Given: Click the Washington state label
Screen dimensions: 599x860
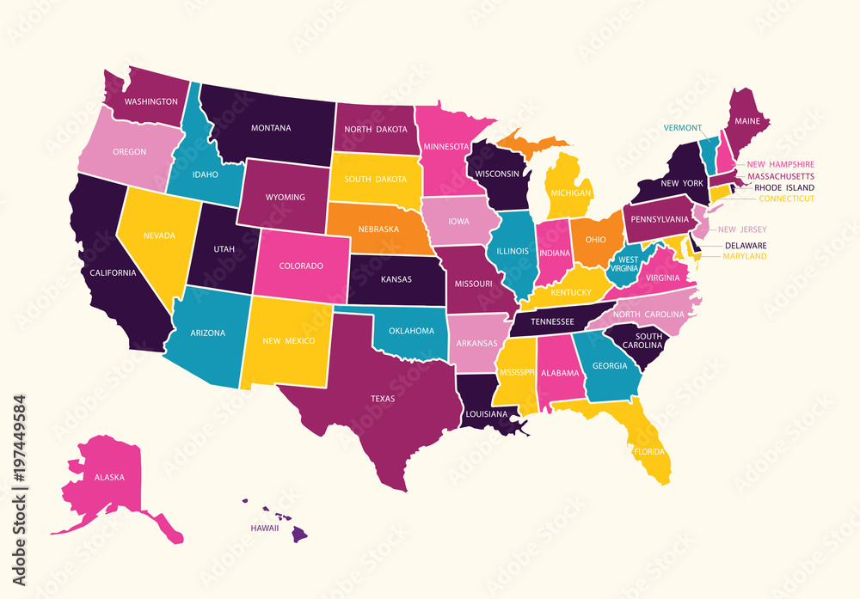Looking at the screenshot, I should pos(151,101).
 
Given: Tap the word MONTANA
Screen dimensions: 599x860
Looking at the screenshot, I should pos(271,128).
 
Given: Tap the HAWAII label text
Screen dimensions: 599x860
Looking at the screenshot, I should pos(264,528).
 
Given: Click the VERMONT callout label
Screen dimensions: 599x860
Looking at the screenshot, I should pos(684,128).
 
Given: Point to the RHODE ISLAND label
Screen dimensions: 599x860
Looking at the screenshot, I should pos(783,187).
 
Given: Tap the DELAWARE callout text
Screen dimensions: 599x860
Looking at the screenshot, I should pos(746,245).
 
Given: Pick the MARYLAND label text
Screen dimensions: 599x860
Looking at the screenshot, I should pos(745,256).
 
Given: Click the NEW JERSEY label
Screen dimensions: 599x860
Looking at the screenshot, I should pos(742,229).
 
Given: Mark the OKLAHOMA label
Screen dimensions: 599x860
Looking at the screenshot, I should pos(411,331).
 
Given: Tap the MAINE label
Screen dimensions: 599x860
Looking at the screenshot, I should pos(746,121).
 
